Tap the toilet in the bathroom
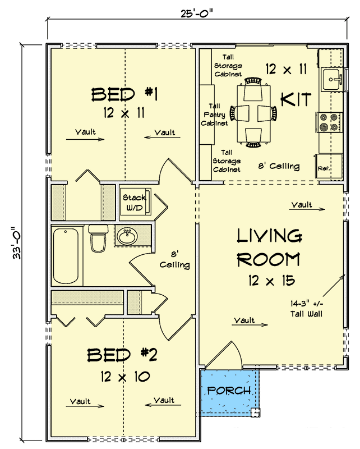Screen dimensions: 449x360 98,239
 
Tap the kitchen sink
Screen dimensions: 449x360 331,79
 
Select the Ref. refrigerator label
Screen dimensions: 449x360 324,168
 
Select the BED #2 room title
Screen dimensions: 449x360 121,355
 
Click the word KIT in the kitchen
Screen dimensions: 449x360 296,100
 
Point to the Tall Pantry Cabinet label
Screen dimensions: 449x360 214,114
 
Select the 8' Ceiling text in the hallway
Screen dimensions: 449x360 174,259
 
